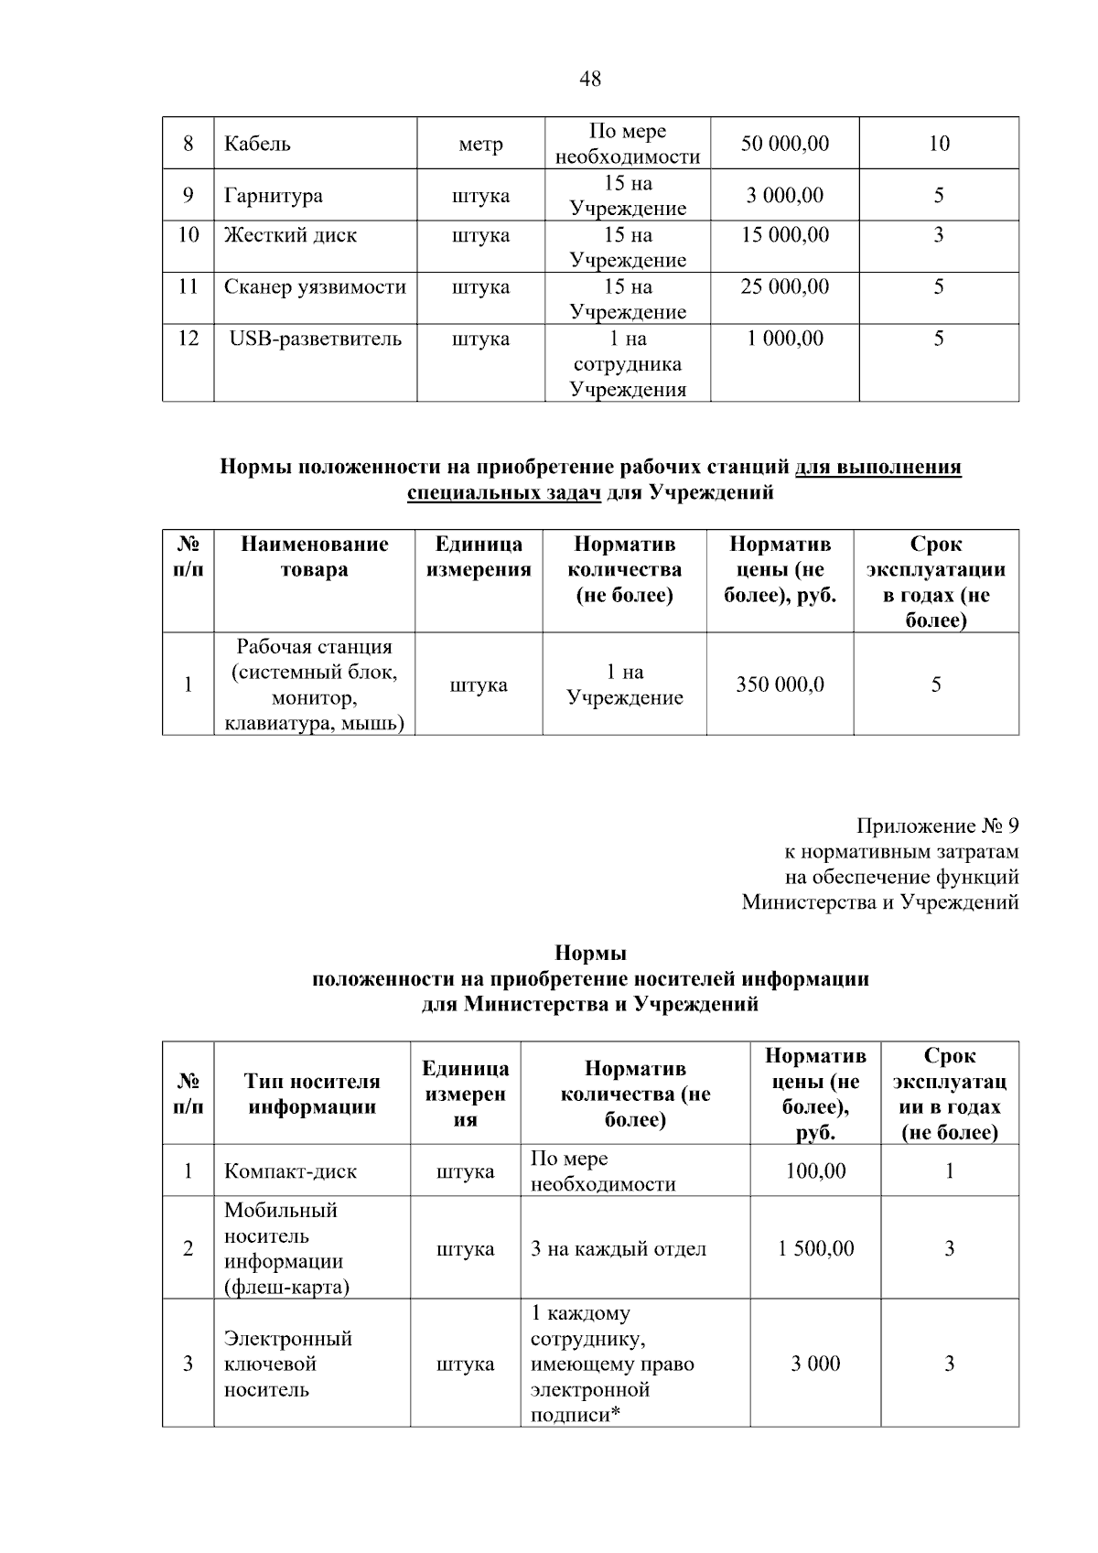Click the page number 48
tap(590, 79)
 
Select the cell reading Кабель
tap(258, 144)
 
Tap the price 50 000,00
tap(784, 144)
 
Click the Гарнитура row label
tap(273, 196)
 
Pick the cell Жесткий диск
tap(290, 235)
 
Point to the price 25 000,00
tap(784, 287)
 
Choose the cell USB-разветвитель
tap(315, 340)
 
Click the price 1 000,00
tap(784, 340)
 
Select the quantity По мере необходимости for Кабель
tap(628, 144)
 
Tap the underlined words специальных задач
tap(504, 493)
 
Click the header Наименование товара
tap(314, 557)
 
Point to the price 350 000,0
tap(780, 685)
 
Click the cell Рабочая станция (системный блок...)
tap(314, 685)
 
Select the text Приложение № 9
tap(937, 826)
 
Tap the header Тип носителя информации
tap(312, 1094)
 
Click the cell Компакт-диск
tap(291, 1171)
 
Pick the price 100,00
tap(815, 1171)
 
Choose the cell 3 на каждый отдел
tap(619, 1249)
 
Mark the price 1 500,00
tap(815, 1249)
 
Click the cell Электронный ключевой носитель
tap(288, 1364)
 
